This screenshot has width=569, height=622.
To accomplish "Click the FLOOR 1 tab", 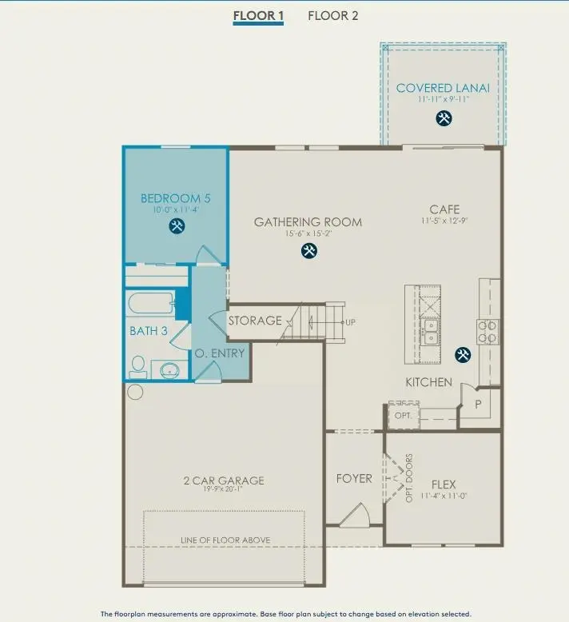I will coord(258,15).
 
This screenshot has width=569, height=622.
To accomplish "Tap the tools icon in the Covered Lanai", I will coord(444,118).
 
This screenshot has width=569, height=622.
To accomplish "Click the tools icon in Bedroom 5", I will coord(176,226).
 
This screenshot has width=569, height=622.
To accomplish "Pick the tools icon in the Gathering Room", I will coord(308,251).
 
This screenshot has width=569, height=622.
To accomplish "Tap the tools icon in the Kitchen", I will coord(462,354).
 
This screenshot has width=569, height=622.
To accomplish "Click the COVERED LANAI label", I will coord(443,88).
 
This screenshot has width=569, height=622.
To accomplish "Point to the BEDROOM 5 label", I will coord(175,198).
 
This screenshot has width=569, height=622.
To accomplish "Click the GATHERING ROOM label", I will coord(308,222).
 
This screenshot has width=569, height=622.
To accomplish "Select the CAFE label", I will coord(444,209).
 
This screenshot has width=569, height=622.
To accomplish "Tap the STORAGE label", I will coord(255,321).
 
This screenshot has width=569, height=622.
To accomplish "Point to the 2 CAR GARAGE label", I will coord(223,480).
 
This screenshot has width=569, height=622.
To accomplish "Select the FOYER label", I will coord(354,478).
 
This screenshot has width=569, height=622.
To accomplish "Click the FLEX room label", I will coord(444,484).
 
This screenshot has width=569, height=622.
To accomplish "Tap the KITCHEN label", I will coord(428,382).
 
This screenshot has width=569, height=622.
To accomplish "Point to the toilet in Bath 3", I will coord(138,367).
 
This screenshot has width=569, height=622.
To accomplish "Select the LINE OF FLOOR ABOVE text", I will coord(225,540).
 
